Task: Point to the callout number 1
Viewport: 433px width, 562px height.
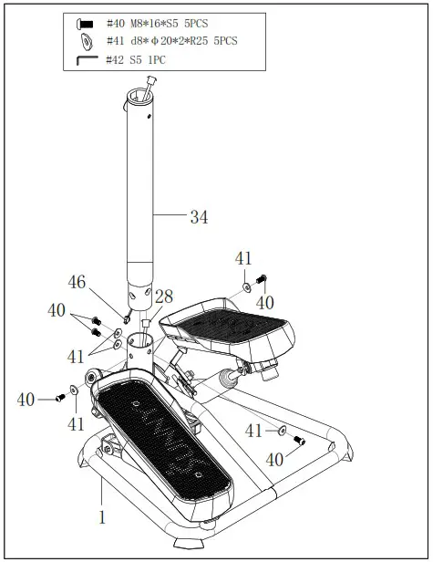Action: [x=102, y=517]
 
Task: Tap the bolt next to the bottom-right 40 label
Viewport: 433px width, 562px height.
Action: [x=299, y=441]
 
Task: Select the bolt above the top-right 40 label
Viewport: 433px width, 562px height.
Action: [x=262, y=279]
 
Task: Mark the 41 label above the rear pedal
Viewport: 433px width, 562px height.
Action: [x=242, y=259]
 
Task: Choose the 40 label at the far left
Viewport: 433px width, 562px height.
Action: [x=26, y=399]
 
